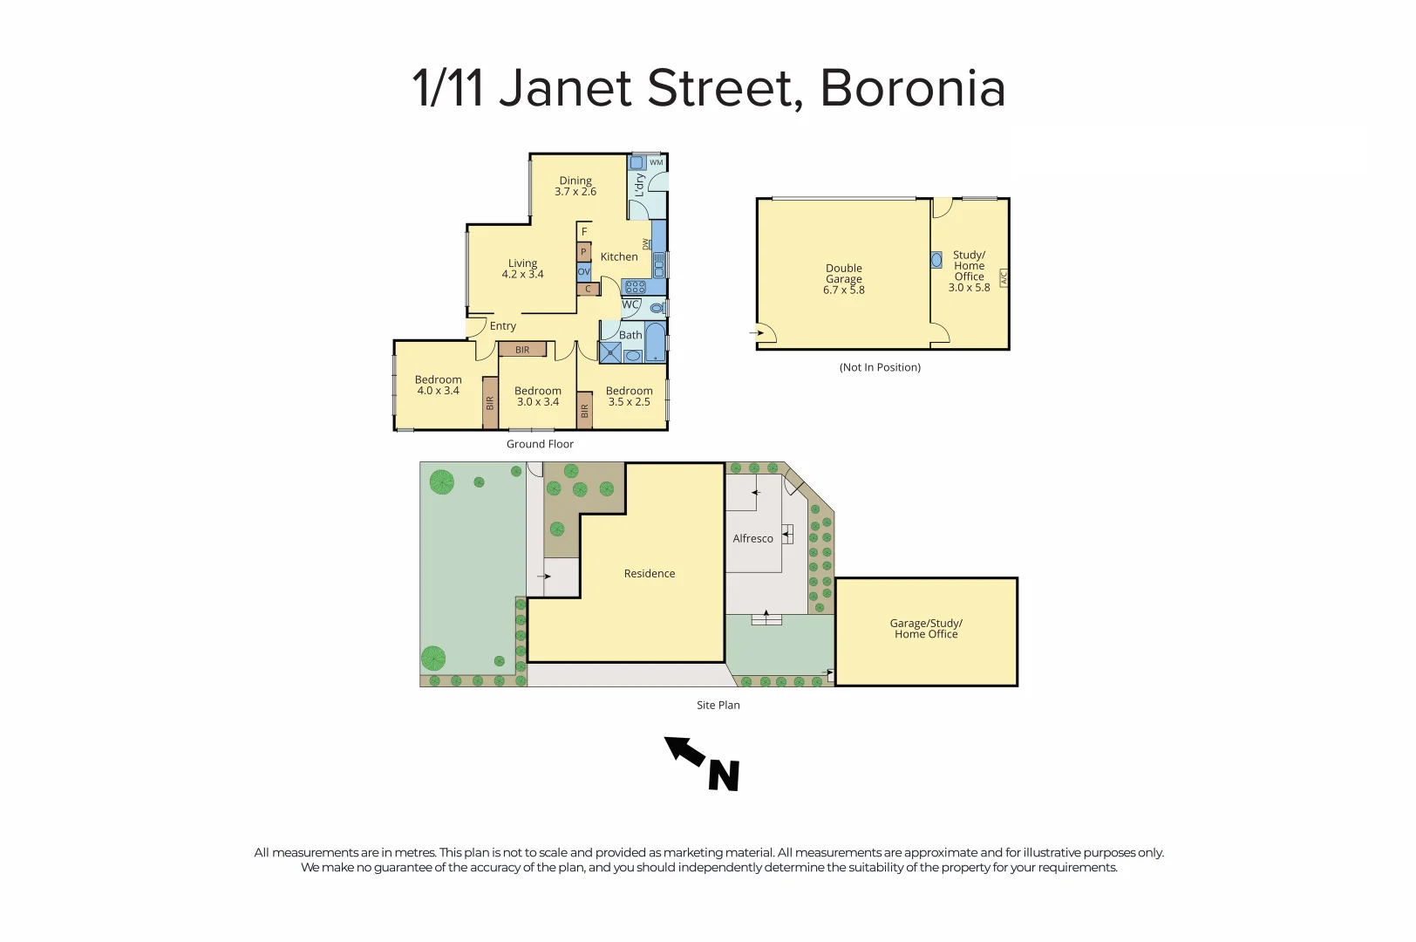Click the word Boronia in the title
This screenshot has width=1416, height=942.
point(912,88)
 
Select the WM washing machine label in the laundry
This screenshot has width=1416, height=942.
point(657,162)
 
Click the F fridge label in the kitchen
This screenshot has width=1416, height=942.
point(584,232)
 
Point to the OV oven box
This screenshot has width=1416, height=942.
point(584,272)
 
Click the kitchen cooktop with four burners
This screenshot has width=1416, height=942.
point(636,286)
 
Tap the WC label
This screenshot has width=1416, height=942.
point(630,304)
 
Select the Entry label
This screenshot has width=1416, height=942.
point(503,326)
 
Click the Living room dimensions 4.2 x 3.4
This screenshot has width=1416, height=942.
point(522,275)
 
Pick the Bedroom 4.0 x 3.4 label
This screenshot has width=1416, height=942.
point(438,385)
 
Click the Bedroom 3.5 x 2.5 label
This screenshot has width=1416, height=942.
point(629,396)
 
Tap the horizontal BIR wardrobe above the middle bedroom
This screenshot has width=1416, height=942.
point(522,350)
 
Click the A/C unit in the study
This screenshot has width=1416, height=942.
point(1004,278)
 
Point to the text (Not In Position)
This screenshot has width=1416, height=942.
point(880,367)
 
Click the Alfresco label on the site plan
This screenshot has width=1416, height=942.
point(752,539)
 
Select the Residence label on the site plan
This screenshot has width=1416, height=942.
point(650,574)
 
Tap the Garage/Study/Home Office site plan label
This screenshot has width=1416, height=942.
point(926,629)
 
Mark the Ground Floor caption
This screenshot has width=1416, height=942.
point(540,444)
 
